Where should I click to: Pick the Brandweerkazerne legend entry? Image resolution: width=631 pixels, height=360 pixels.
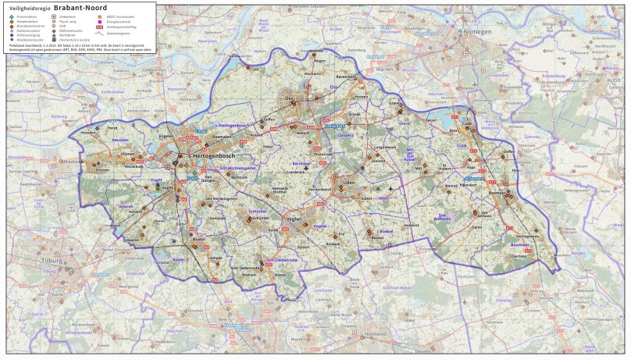click(x=28, y=26)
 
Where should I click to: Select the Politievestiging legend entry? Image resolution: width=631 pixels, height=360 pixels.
click(x=28, y=35)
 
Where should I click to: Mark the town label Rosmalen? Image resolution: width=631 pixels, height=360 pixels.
click(x=223, y=137)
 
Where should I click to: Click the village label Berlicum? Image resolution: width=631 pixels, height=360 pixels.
click(x=239, y=177)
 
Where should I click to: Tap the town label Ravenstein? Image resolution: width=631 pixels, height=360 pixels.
click(x=344, y=77)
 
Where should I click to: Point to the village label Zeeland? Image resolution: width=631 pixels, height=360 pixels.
click(x=378, y=162)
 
